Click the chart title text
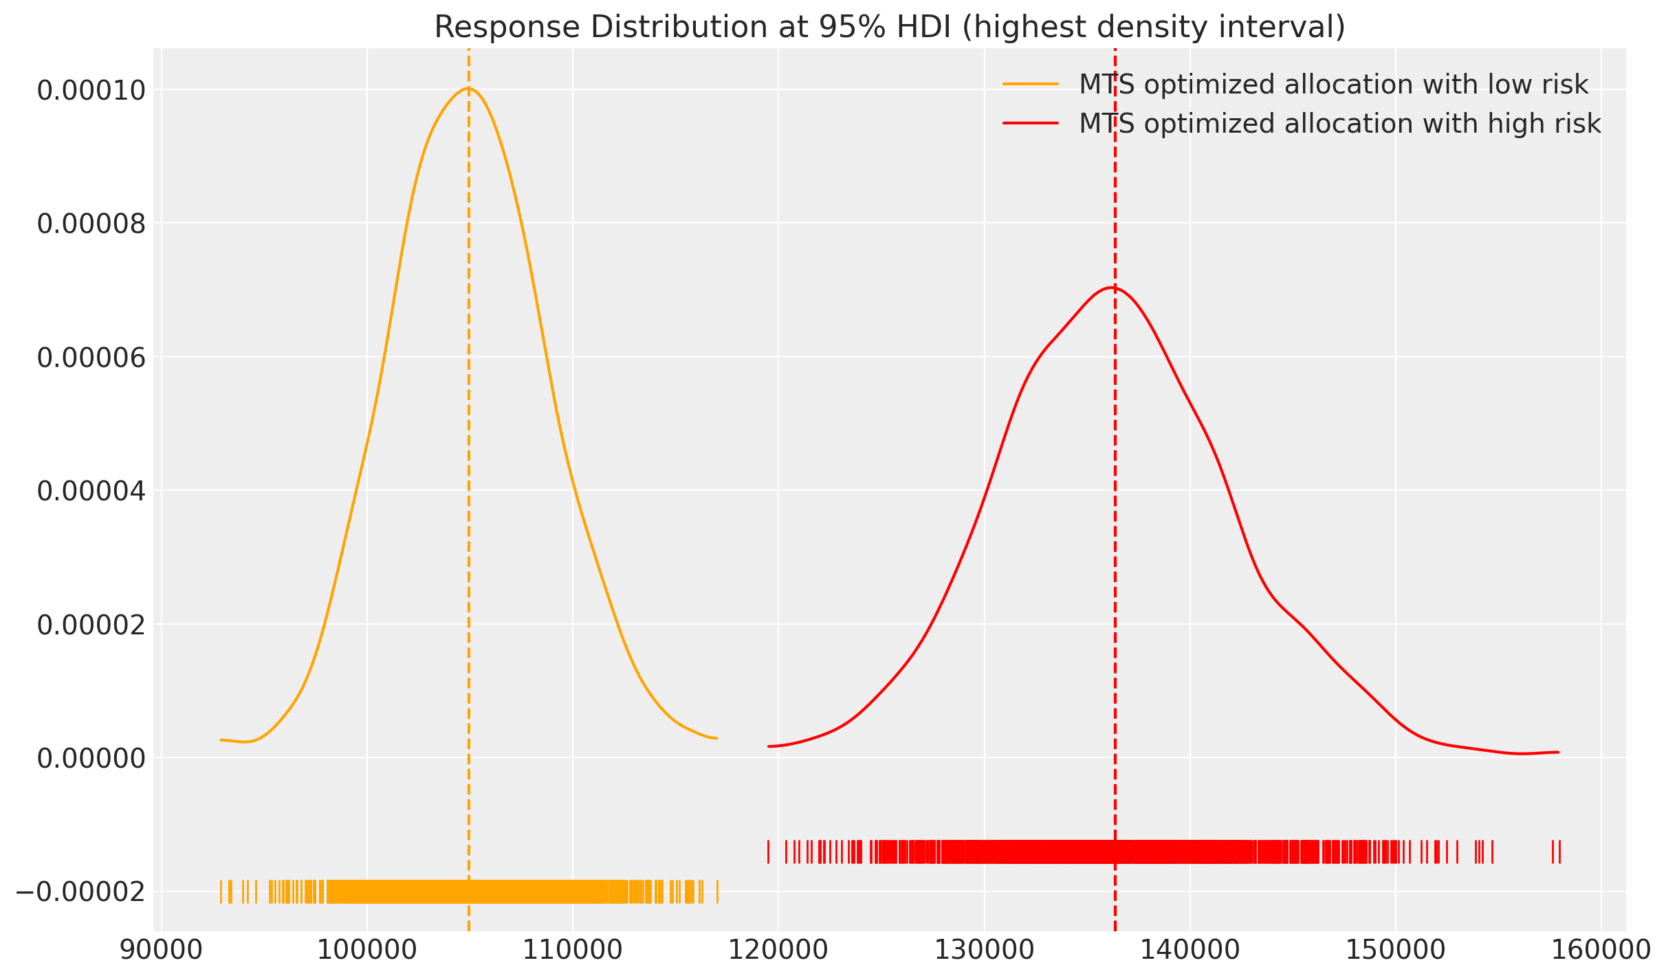889,27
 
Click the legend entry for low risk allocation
1333,85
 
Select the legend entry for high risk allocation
1339,124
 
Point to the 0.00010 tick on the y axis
91,90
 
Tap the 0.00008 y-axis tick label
91,223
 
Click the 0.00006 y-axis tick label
91,357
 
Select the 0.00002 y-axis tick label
91,625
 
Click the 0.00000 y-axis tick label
91,758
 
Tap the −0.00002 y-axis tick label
80,892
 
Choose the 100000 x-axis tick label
367,951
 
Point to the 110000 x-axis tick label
573,951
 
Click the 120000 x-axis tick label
778,951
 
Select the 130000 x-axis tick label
984,951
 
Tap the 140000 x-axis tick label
1190,951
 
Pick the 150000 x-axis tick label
1395,951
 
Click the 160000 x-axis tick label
1601,951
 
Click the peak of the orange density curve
468,88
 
